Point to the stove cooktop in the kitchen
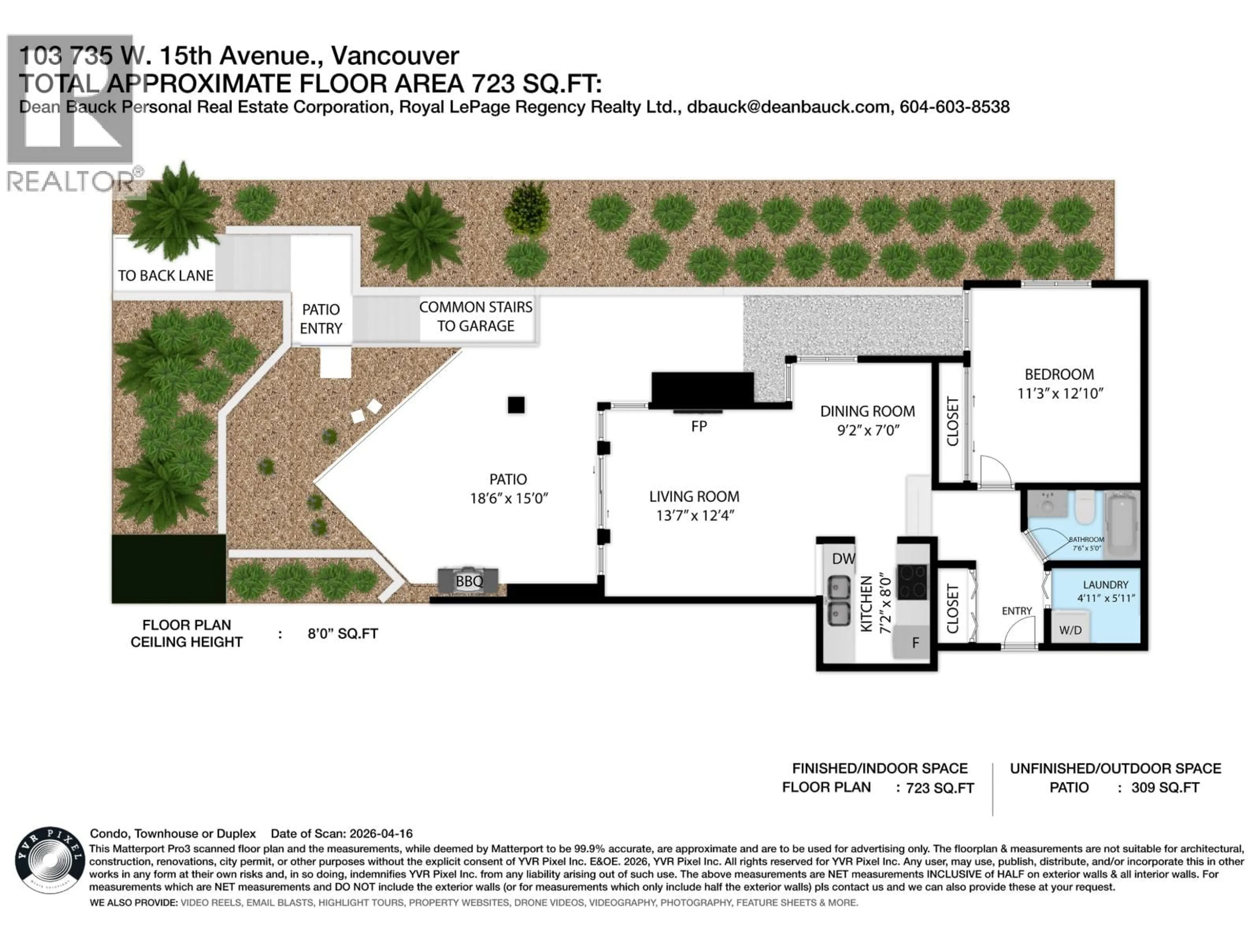pyautogui.click(x=912, y=581)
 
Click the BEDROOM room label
pyautogui.click(x=1059, y=374)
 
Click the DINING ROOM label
pyautogui.click(x=867, y=411)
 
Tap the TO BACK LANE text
pyautogui.click(x=165, y=276)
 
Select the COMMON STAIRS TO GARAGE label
pyautogui.click(x=476, y=317)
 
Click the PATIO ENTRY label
pyautogui.click(x=321, y=319)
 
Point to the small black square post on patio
pyautogui.click(x=516, y=405)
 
